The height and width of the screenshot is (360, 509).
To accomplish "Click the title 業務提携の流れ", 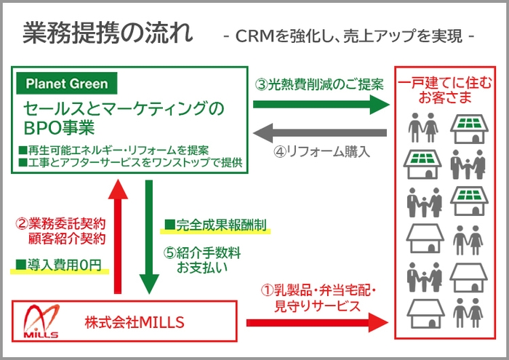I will coord(108,33).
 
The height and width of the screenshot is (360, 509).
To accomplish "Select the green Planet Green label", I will coord(66,84).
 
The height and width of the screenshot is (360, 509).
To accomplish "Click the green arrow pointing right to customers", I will coord(321,105).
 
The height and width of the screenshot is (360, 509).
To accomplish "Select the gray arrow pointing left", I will coord(321,132).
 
